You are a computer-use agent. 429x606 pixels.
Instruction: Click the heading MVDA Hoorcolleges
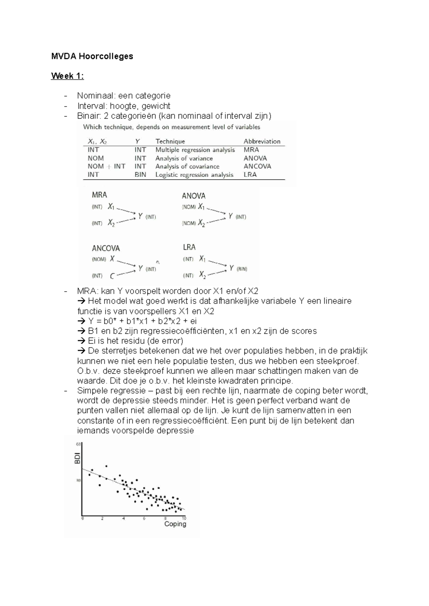click(x=92, y=56)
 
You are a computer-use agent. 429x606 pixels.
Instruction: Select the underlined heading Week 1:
click(x=68, y=76)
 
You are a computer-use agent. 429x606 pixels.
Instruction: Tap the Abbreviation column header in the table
click(x=262, y=141)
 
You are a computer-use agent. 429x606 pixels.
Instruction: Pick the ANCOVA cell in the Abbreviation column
click(x=257, y=166)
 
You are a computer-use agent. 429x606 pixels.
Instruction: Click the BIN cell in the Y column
click(x=140, y=175)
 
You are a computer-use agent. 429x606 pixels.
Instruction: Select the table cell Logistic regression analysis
click(x=194, y=175)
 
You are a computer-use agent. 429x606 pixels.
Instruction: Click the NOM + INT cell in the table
click(x=106, y=166)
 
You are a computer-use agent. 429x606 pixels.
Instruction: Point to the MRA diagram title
click(x=99, y=195)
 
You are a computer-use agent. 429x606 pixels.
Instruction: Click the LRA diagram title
click(x=189, y=247)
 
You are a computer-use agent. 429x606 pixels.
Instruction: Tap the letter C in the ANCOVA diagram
click(x=112, y=276)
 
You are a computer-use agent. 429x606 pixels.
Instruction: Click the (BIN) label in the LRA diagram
click(x=242, y=269)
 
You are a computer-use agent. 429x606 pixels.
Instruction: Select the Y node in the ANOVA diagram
click(x=231, y=216)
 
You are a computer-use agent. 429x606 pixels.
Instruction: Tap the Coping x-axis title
click(x=175, y=524)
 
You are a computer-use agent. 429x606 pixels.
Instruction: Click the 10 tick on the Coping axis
click(x=184, y=518)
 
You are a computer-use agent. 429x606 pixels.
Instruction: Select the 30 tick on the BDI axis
click(x=78, y=481)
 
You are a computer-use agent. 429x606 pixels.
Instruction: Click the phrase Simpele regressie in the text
click(x=111, y=391)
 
